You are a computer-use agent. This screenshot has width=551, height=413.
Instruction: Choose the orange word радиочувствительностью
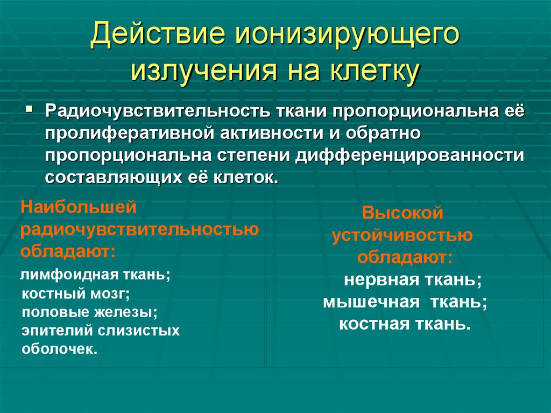tap(140, 229)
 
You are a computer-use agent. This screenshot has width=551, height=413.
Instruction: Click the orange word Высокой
tap(402, 213)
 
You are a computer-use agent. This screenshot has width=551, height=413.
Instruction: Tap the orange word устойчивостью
tap(402, 235)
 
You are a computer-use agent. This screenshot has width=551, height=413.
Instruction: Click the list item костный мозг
tap(76, 294)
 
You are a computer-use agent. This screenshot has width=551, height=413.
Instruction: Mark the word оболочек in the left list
tap(60, 349)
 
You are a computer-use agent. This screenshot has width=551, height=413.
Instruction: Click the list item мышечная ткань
tap(405, 302)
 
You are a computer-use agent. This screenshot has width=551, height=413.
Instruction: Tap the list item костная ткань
tap(405, 324)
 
